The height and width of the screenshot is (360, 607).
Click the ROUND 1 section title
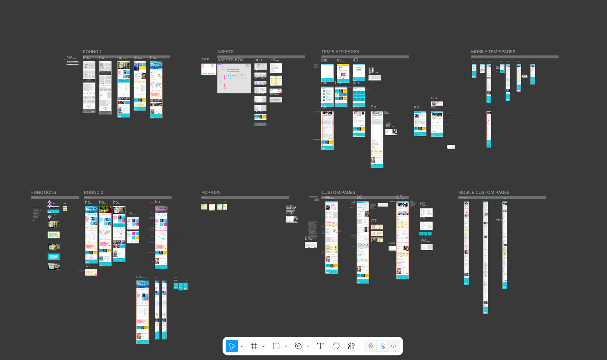[92, 52]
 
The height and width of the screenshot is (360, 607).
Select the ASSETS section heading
[225, 52]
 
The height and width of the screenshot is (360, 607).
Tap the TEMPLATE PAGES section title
[340, 52]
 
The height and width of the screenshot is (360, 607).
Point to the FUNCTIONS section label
[44, 192]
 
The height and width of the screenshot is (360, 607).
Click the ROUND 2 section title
[93, 192]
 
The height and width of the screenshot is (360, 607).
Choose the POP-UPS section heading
[211, 192]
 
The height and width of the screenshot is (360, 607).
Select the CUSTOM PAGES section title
[338, 192]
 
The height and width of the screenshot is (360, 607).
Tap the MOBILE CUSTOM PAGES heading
[484, 192]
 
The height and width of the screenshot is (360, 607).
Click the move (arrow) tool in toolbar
[232, 346]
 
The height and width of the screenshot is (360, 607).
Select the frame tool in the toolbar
[254, 346]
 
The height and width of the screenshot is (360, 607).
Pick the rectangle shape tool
[276, 346]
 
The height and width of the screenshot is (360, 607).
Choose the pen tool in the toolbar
[298, 346]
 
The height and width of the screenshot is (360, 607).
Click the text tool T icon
[320, 346]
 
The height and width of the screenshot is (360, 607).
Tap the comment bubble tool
[336, 346]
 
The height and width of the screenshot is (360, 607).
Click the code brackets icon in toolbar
[394, 346]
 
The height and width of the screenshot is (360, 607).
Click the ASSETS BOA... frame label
[232, 60]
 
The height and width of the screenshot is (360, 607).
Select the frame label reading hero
[259, 60]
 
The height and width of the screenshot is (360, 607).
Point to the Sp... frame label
[375, 107]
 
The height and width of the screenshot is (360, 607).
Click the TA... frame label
[131, 214]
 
